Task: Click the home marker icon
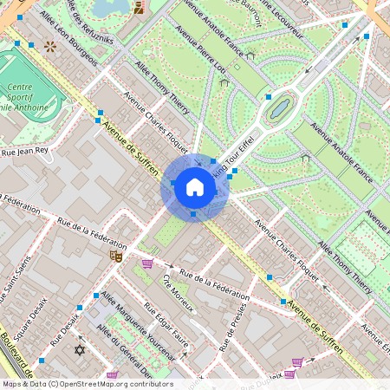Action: (194, 186)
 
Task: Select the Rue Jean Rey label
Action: (26, 151)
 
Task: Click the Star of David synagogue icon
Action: (81, 350)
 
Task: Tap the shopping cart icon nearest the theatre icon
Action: (147, 263)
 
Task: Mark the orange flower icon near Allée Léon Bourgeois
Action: (50, 46)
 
